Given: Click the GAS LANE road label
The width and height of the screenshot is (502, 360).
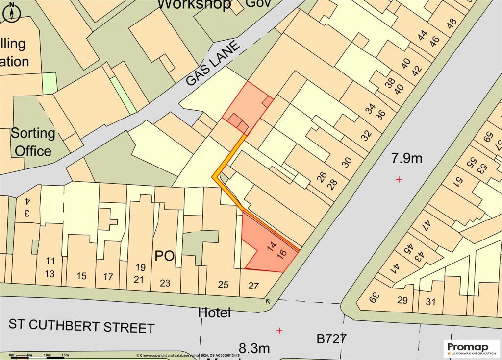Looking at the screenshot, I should click(214, 64).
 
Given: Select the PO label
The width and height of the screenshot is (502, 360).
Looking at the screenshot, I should click(165, 256).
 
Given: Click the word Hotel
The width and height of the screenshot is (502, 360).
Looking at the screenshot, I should click(214, 312).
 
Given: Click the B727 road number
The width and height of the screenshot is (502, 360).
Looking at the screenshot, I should click(332, 338).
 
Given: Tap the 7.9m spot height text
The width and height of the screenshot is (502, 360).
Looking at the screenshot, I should click(406, 158).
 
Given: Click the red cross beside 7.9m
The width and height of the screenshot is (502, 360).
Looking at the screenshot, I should click(399, 180).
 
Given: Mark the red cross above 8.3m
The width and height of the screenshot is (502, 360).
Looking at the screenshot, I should click(279, 331).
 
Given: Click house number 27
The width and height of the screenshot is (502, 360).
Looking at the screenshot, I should click(253, 285).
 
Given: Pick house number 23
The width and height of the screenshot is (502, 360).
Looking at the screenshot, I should click(165, 283).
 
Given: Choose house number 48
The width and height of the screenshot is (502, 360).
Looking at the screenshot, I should click(451, 23).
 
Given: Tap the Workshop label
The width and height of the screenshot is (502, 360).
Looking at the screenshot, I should click(194, 5).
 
